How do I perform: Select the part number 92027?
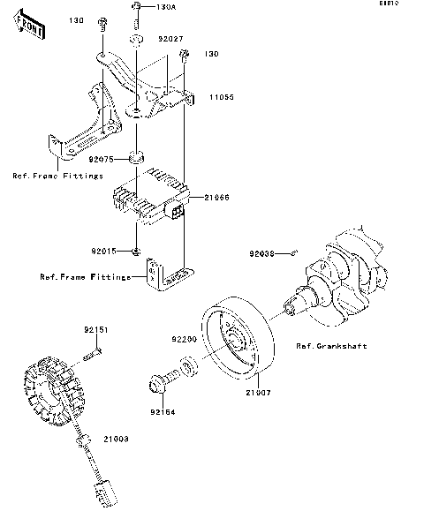(171, 39)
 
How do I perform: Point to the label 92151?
(95, 329)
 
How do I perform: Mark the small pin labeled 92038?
(294, 252)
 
